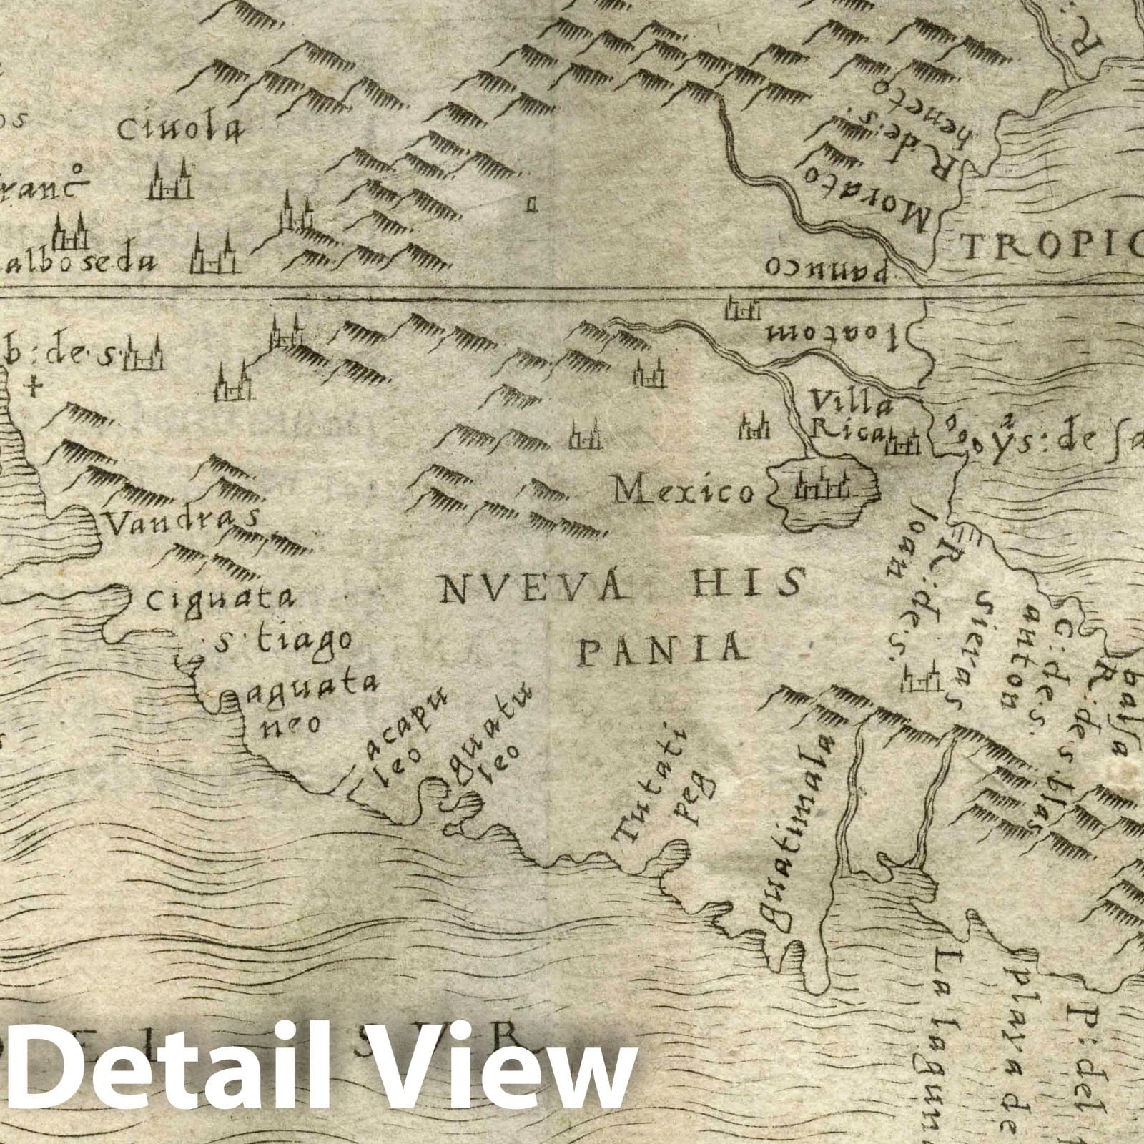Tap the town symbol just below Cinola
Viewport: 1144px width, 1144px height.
(x=170, y=182)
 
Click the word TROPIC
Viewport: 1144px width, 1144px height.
(x=1051, y=248)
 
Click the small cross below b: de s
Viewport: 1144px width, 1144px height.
(x=31, y=388)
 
